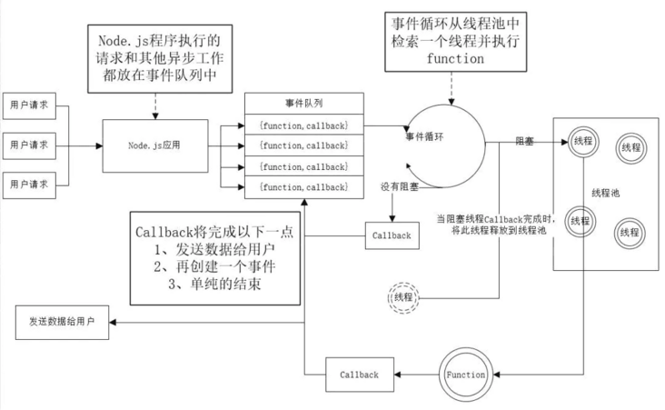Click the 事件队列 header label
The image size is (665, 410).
[x=304, y=104]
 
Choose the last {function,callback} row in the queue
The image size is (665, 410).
[x=304, y=187]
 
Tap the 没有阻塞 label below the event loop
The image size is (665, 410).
[x=401, y=186]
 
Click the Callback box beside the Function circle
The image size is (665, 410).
[x=360, y=374]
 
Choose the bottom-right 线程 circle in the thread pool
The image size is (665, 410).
[x=629, y=233]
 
